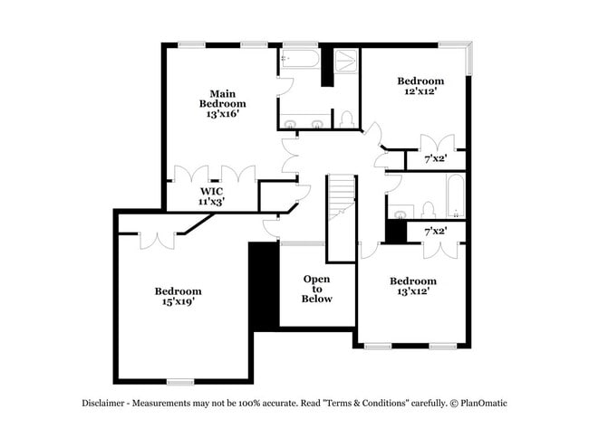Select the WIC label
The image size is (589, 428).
(212, 191)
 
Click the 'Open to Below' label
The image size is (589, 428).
(317, 289)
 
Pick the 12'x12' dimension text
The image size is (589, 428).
(420, 91)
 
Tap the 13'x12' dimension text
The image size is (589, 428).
(412, 291)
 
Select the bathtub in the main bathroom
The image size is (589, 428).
(300, 59)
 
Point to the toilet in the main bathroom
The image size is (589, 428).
(346, 119)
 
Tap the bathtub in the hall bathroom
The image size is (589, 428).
(455, 195)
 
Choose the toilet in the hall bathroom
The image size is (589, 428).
(425, 211)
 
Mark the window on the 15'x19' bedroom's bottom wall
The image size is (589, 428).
(180, 381)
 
